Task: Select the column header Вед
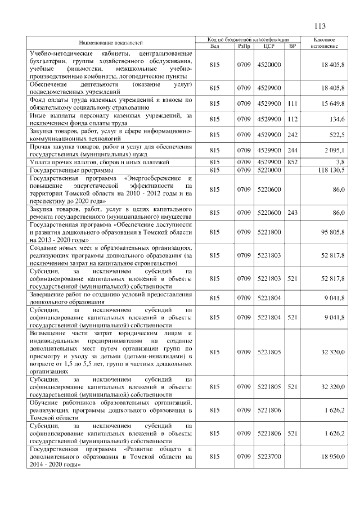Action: [x=214, y=46]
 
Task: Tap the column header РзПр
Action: [x=244, y=46]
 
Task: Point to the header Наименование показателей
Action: [x=111, y=43]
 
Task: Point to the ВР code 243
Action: [x=292, y=213]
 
